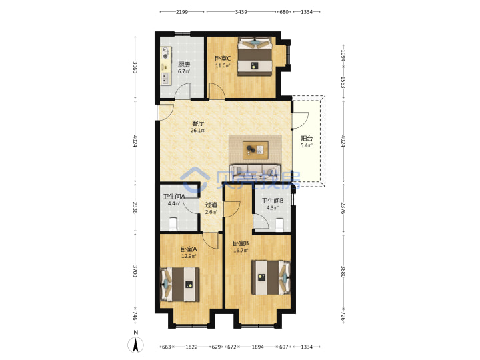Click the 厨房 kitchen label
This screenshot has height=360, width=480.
pos(184,64)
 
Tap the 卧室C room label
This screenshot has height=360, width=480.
pos(223,58)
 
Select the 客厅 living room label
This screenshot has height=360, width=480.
pos(198,123)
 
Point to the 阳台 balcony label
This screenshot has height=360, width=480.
pos(307,139)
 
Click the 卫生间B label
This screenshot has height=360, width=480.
pos(273,201)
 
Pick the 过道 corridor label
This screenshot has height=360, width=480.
pos(211,205)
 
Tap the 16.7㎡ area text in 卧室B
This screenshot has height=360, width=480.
pos(241,251)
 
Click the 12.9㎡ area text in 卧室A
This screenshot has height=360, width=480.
pos(189,256)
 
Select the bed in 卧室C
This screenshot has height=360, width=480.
pos(255,56)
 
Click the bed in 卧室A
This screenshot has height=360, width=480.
pos(181,284)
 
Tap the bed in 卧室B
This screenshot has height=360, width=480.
pos(271,277)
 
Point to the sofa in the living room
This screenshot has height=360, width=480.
pos(255,170)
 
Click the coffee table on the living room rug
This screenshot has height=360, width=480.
pos(255,150)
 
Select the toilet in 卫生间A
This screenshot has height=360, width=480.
pos(173,224)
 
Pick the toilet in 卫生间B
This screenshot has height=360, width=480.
pos(279,225)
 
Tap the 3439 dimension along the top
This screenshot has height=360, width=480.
pos(241,12)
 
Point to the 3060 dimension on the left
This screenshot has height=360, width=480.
pos(135,67)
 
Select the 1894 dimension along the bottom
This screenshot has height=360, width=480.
pos(258,347)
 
